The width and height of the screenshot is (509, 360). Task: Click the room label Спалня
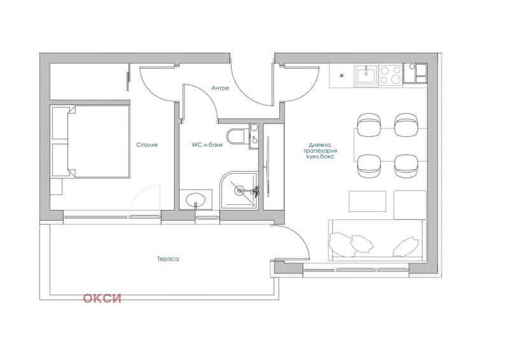146,145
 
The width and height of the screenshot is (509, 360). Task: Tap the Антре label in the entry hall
220,88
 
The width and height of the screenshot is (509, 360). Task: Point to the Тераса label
168,259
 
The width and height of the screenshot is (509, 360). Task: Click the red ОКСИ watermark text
102,298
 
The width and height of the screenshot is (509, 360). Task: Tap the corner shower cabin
241,190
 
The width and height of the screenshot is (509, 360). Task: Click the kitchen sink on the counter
366,76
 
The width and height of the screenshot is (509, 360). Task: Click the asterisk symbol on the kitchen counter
342,76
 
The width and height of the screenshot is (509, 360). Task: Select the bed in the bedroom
90,142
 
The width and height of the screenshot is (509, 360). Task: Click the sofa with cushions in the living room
375,240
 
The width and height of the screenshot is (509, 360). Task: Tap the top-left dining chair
368,124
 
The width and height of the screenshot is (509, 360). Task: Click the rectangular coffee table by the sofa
367,202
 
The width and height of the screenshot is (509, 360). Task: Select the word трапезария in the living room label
319,151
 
